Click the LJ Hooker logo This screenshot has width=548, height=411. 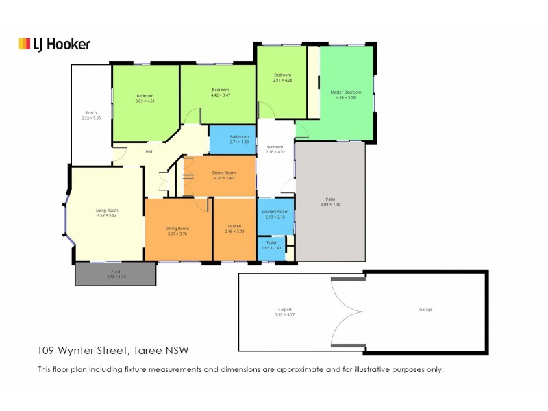point(54,44)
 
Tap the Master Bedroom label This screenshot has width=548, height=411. point(345,92)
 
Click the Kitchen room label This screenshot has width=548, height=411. point(234,227)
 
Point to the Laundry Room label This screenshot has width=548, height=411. point(275,212)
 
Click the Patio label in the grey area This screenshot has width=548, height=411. point(330,199)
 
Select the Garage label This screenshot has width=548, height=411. point(425,309)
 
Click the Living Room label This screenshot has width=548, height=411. point(107,210)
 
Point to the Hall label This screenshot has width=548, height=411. point(149,151)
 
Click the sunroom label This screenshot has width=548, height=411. point(275,147)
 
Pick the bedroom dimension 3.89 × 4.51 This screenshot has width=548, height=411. point(145,101)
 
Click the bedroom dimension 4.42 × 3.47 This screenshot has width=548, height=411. point(220,96)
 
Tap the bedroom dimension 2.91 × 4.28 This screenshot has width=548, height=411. point(283,81)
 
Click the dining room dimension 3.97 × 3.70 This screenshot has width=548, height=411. point(177,234)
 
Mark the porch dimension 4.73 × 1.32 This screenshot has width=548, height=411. point(116,277)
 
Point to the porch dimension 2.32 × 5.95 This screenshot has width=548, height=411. point(91,119)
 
